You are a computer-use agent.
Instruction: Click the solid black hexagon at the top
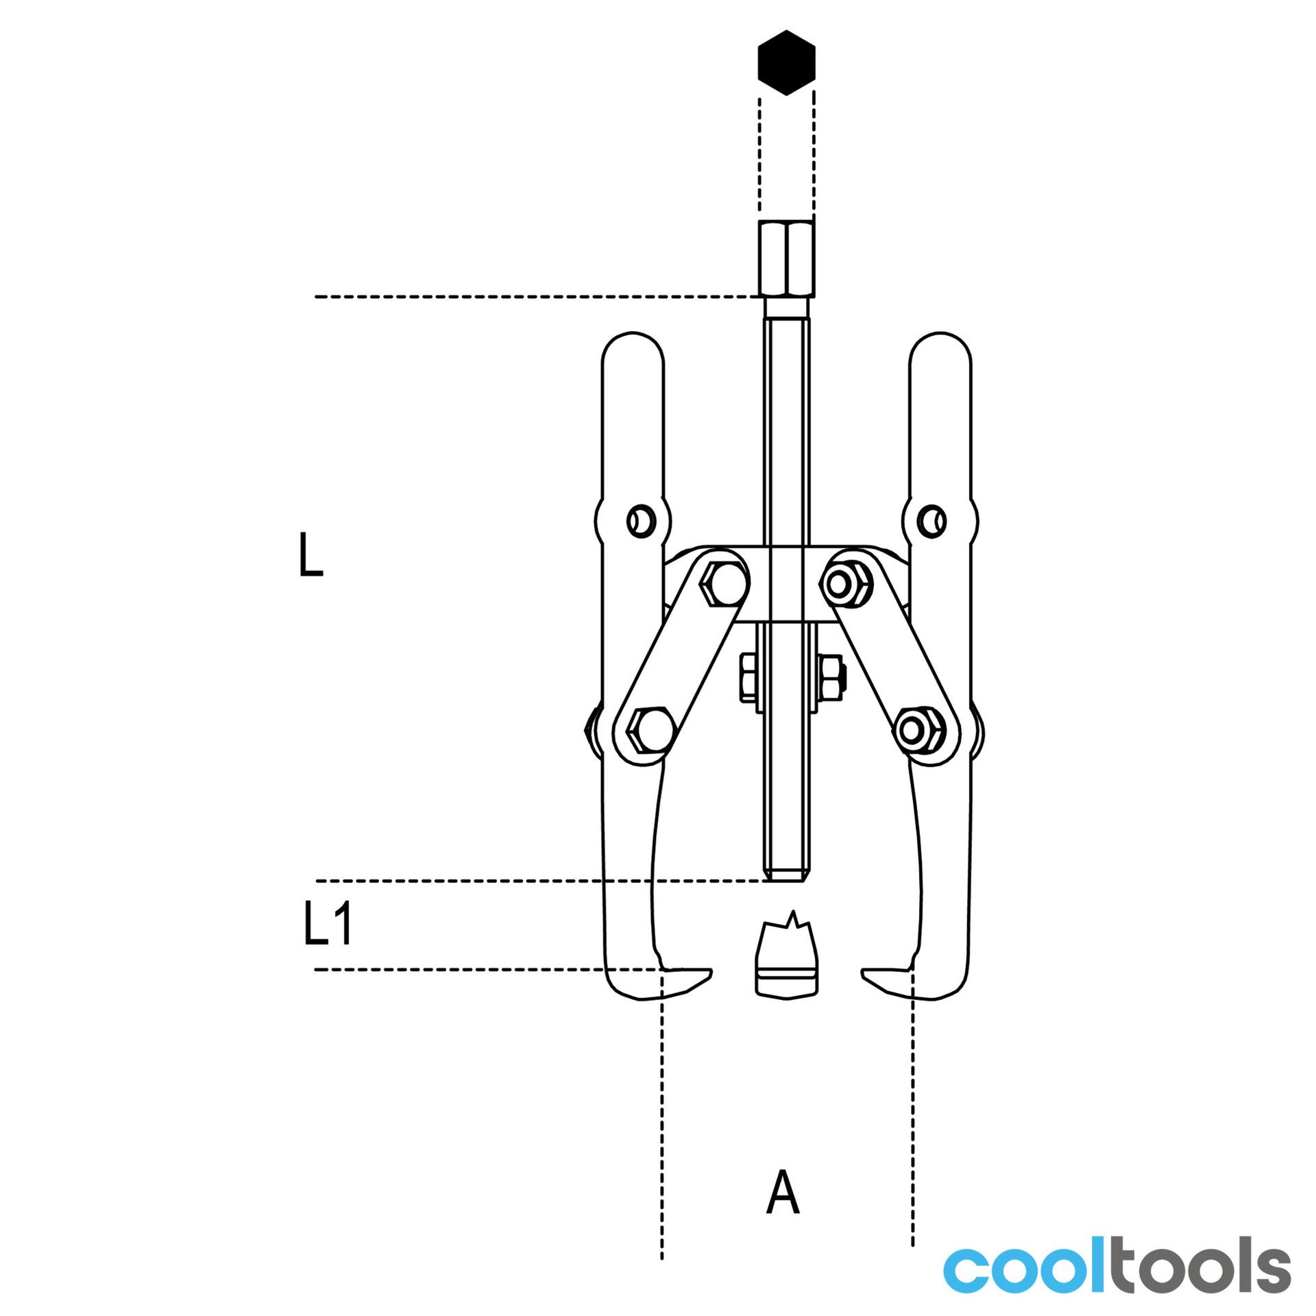(786, 62)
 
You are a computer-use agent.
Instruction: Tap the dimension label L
(311, 555)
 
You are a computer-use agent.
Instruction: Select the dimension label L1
(328, 924)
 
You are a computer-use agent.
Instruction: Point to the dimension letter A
(783, 1192)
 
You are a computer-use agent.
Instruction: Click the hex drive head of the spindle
(787, 258)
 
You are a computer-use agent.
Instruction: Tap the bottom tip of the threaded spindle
(786, 880)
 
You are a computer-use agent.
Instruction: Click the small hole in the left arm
(641, 522)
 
